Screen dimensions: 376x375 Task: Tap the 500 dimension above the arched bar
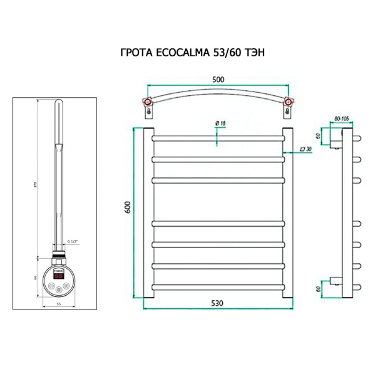click(x=218, y=80)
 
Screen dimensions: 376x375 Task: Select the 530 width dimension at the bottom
click(x=217, y=303)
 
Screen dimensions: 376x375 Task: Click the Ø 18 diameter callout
click(x=220, y=123)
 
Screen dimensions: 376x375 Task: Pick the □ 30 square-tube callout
click(x=306, y=149)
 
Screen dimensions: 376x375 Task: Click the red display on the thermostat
click(x=58, y=274)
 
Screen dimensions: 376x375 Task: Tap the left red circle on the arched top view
click(x=148, y=102)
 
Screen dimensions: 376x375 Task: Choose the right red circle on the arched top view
click(x=287, y=102)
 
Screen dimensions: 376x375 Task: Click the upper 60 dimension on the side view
click(x=318, y=136)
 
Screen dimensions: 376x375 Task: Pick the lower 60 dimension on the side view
click(x=318, y=289)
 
